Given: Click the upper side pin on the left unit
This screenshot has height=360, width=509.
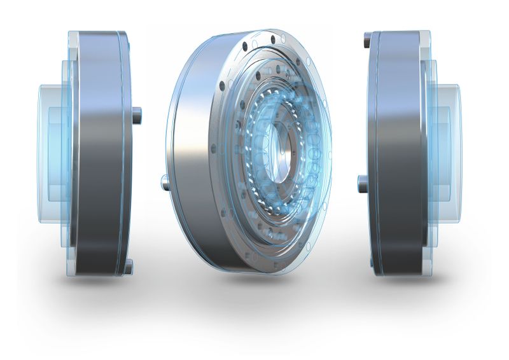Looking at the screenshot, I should [137, 116].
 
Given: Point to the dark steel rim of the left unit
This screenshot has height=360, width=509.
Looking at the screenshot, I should [95, 153].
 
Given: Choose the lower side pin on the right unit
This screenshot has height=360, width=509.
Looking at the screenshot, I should [363, 184].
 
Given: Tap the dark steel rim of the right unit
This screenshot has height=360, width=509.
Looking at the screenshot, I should [401, 153].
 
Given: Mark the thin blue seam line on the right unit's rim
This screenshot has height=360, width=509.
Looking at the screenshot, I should [377, 153].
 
